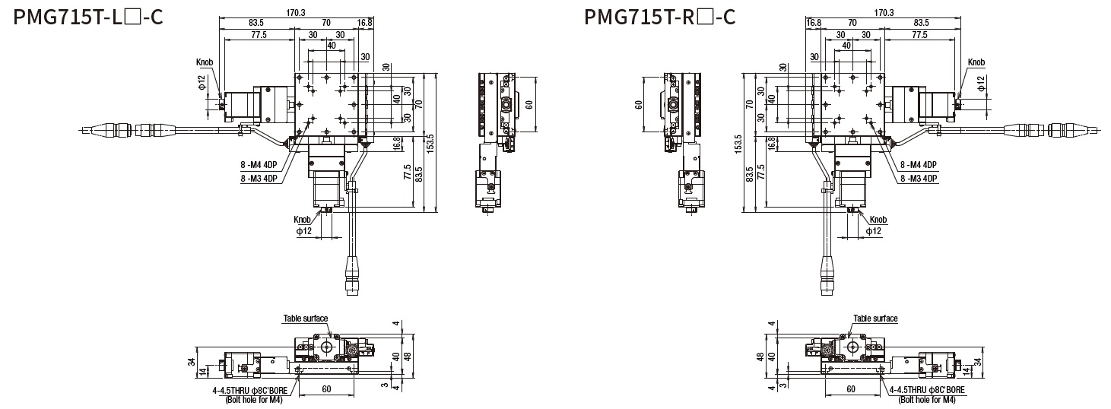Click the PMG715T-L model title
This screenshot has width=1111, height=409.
87,16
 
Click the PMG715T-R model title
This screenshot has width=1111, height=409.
659,16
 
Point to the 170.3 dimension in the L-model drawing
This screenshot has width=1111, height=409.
297,12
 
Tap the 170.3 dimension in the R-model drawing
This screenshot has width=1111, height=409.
883,12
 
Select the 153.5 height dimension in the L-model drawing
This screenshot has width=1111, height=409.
430,141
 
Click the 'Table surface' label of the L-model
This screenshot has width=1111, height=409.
306,319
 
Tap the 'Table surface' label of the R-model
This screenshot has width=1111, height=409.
875,319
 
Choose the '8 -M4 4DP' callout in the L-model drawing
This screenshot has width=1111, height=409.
259,165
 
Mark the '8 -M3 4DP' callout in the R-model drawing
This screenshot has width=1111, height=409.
918,179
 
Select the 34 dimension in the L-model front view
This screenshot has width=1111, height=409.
192,362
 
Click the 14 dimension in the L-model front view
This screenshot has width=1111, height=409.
202,370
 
